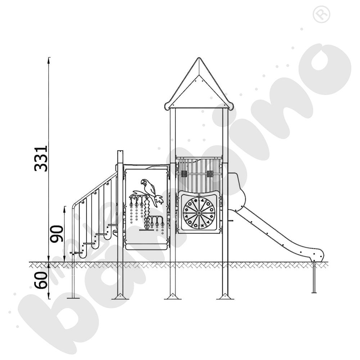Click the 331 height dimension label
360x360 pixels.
click(x=41, y=158)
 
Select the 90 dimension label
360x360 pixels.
click(x=57, y=233)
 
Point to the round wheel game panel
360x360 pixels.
click(x=199, y=213)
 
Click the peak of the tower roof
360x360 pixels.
click(x=198, y=59)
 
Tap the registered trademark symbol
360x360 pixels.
click(x=321, y=15)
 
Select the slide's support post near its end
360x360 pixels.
click(x=314, y=277)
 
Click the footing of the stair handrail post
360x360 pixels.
click(x=73, y=297)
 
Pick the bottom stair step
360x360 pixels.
click(x=76, y=253)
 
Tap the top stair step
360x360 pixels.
click(x=112, y=225)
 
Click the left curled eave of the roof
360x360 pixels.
click(x=167, y=106)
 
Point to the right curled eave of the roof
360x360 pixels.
click(x=230, y=106)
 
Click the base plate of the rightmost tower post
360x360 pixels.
click(x=225, y=297)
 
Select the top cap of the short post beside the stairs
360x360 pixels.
click(x=120, y=152)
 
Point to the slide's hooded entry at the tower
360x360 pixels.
click(x=236, y=191)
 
